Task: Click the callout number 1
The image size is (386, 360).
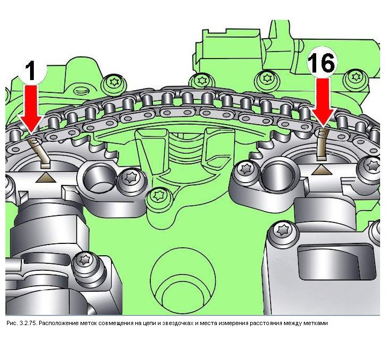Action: pos(31,71)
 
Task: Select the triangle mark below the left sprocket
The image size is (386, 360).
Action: pos(45,178)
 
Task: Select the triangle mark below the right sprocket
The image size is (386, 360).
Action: pos(321,170)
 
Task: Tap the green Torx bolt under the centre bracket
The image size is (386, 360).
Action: pos(157,196)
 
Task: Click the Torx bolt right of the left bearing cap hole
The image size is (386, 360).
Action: pos(129,178)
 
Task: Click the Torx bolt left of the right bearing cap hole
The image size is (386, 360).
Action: pos(245,169)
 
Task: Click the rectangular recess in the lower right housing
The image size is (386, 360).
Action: pos(337,263)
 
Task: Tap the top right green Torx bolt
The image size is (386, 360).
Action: pos(355,77)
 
